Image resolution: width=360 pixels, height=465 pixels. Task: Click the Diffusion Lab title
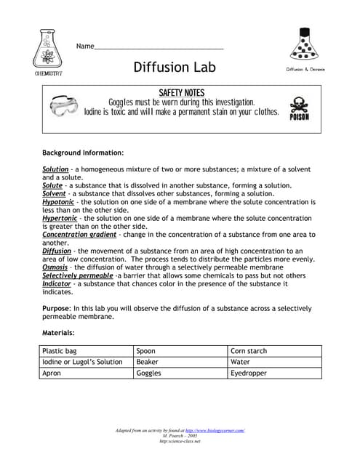click(x=175, y=68)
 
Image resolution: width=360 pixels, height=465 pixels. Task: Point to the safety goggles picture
click(x=65, y=107)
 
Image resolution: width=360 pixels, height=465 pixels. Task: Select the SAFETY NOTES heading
click(x=181, y=93)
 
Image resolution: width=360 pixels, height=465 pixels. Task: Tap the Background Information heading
click(x=83, y=153)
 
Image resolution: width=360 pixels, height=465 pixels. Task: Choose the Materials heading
click(x=58, y=333)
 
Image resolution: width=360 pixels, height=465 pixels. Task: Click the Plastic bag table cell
click(x=86, y=351)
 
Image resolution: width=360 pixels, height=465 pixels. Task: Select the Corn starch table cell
click(x=273, y=351)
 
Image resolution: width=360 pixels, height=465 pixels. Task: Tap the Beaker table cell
click(x=179, y=362)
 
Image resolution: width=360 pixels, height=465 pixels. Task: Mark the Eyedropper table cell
click(x=273, y=373)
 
